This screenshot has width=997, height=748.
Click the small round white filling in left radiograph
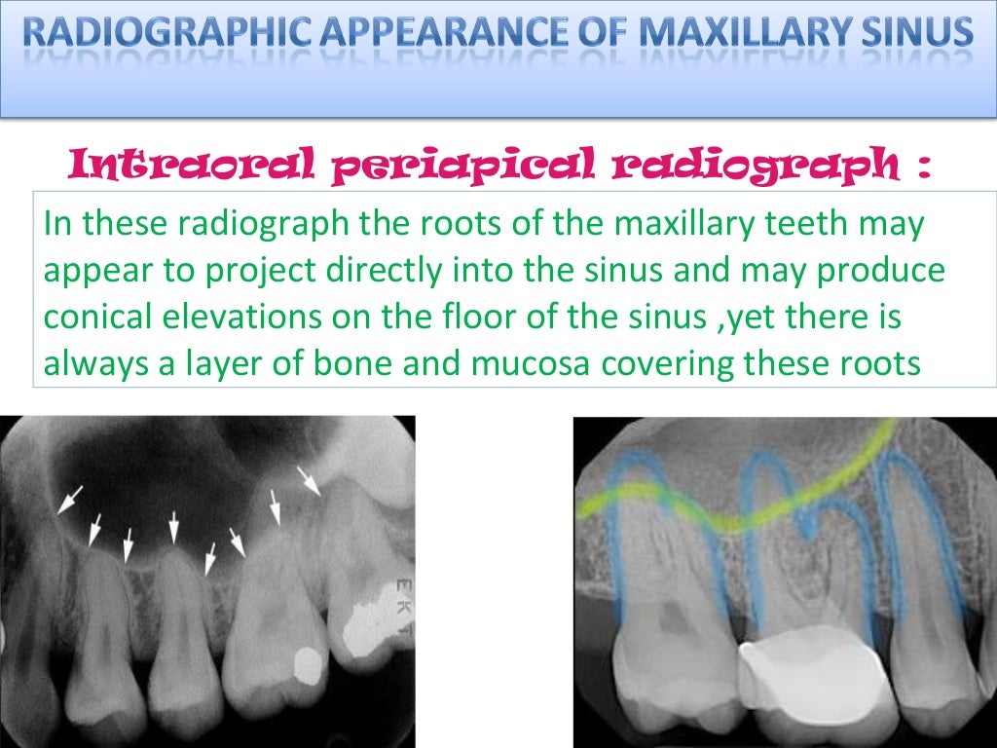[x=310, y=664]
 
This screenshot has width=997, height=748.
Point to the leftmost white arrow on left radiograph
[x=69, y=501]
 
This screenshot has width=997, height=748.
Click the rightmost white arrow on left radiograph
[x=309, y=481]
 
